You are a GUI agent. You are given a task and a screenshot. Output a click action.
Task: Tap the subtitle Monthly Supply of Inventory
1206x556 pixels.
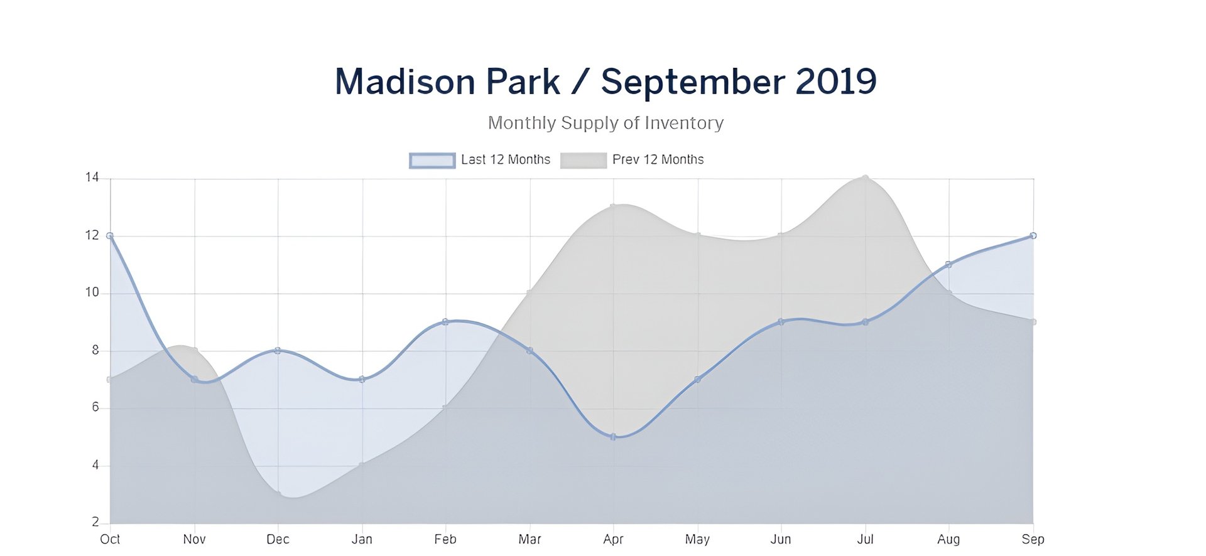pyautogui.click(x=606, y=123)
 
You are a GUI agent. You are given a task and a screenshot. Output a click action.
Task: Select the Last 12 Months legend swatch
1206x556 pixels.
pyautogui.click(x=432, y=161)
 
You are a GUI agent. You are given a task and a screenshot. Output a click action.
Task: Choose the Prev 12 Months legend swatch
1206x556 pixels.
pyautogui.click(x=584, y=161)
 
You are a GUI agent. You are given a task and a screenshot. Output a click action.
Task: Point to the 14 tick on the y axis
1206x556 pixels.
pyautogui.click(x=92, y=178)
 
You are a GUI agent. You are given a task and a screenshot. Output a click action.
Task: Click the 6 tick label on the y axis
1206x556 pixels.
pyautogui.click(x=95, y=407)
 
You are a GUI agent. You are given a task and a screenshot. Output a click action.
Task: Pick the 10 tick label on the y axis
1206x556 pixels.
pyautogui.click(x=92, y=292)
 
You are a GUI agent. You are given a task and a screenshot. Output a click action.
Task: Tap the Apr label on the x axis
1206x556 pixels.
pyautogui.click(x=613, y=540)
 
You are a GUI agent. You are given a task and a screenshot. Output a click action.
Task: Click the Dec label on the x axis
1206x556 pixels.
pyautogui.click(x=278, y=540)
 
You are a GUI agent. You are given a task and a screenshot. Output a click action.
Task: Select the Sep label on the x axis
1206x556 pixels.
pyautogui.click(x=1033, y=540)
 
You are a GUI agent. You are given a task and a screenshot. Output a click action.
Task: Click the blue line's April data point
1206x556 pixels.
pyautogui.click(x=613, y=437)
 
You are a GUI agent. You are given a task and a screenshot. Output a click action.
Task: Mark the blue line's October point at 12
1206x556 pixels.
pyautogui.click(x=110, y=236)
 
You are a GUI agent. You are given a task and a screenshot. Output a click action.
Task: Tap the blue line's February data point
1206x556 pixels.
pyautogui.click(x=445, y=322)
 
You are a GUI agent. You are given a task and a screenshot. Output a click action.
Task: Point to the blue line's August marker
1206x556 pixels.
pyautogui.click(x=948, y=265)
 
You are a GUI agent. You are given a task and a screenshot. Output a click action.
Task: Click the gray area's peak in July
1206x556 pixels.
pyautogui.click(x=866, y=178)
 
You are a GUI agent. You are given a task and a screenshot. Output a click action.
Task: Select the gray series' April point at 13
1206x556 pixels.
pyautogui.click(x=613, y=206)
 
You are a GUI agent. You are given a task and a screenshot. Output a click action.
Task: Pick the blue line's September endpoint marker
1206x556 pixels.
pyautogui.click(x=1033, y=236)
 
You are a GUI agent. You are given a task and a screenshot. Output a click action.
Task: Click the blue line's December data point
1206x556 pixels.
pyautogui.click(x=278, y=351)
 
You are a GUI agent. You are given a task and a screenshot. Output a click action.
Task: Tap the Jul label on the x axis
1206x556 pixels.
pyautogui.click(x=866, y=540)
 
